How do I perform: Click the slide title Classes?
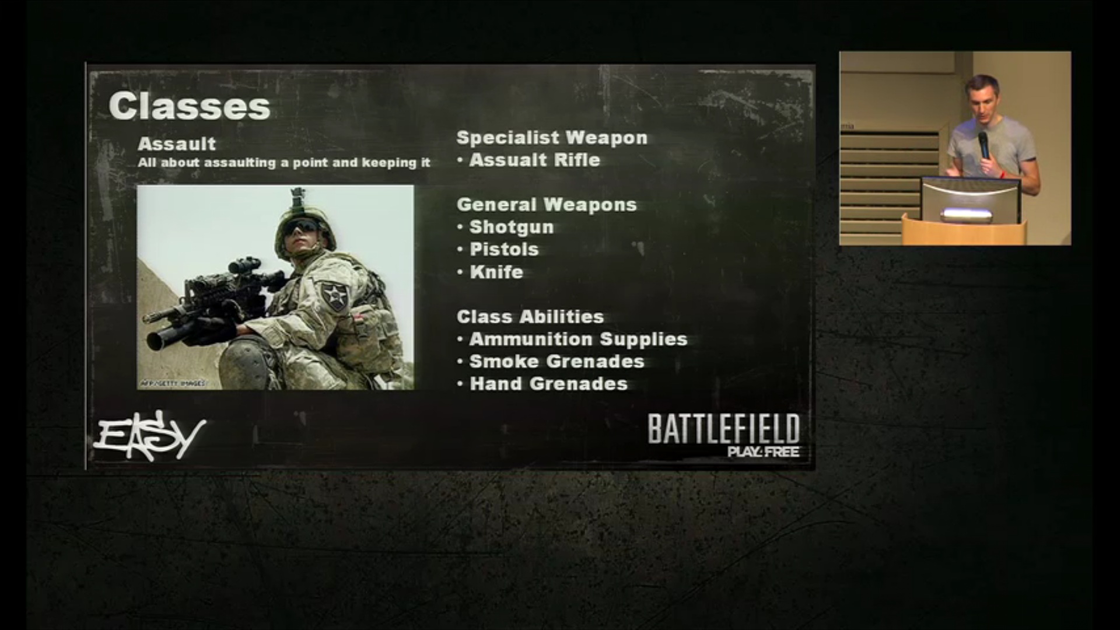click(x=190, y=106)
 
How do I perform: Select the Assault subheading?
click(x=177, y=143)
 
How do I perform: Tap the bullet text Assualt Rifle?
click(x=535, y=160)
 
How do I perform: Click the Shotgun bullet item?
click(x=512, y=227)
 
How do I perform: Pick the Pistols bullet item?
click(x=504, y=249)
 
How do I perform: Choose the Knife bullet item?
click(x=496, y=272)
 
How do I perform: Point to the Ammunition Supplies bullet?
click(x=579, y=339)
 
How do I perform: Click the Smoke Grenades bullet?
click(x=557, y=362)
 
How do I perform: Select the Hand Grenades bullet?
click(x=549, y=384)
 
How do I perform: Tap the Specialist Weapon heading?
click(x=552, y=138)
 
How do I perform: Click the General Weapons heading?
click(x=547, y=205)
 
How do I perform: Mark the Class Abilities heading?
click(x=530, y=317)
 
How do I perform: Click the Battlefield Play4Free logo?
click(x=723, y=435)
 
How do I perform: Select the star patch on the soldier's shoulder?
click(x=335, y=294)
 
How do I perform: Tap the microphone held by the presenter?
click(x=984, y=144)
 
